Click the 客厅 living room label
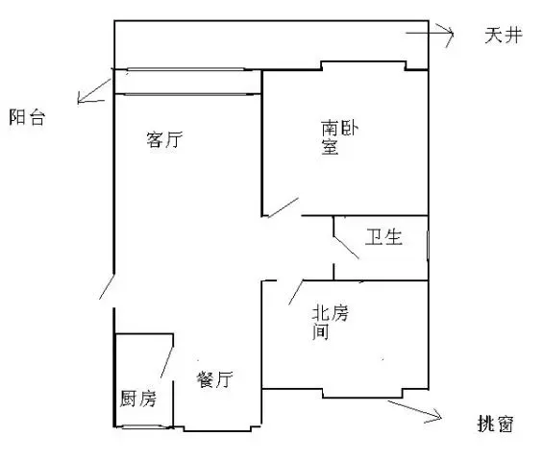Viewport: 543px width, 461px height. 164,139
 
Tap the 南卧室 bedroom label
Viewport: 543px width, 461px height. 339,137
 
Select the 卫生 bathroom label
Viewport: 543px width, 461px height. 383,237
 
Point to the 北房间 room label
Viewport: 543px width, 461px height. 330,322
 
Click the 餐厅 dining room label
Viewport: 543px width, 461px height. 214,379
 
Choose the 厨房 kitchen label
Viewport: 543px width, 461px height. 137,399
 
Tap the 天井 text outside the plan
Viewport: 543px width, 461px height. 504,36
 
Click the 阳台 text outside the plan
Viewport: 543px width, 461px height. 27,117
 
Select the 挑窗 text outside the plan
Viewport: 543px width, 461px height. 496,424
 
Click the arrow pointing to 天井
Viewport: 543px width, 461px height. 430,34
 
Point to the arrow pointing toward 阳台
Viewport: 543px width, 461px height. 94,90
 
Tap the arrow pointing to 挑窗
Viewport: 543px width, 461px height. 414,409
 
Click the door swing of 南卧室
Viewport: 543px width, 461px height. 283,207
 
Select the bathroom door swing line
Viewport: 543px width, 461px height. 346,247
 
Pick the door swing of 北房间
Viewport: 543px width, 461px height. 296,293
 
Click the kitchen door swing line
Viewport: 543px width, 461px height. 166,362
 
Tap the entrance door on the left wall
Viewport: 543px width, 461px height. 107,287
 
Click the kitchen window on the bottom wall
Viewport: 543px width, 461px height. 144,426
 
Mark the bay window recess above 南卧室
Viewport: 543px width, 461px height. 363,62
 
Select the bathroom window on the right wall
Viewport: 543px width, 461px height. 428,245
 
